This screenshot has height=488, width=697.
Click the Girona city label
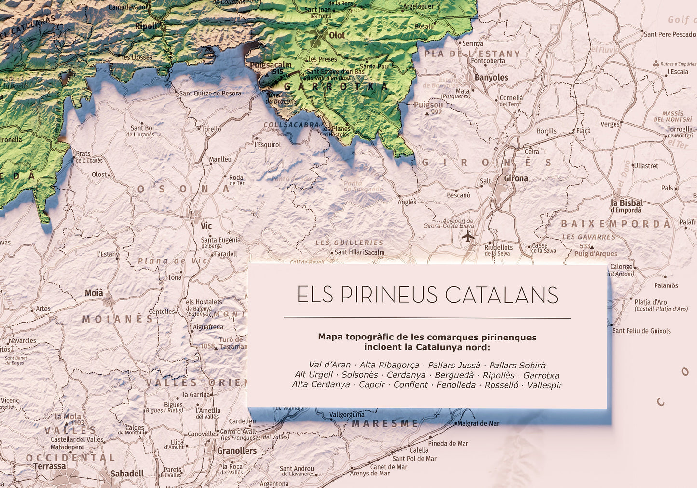(516, 178)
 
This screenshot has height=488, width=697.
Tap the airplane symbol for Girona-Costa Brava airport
(467, 236)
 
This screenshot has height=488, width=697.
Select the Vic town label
(206, 226)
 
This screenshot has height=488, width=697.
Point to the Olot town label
(337, 35)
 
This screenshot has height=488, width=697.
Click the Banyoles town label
(491, 77)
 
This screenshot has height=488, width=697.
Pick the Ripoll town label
(145, 26)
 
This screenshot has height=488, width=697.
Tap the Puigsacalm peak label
(271, 65)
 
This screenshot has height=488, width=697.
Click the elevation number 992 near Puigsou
(436, 112)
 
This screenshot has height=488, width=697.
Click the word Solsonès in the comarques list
(360, 375)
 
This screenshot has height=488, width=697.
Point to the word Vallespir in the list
(544, 385)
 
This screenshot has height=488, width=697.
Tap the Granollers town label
(237, 451)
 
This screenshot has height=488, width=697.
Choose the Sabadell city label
(127, 474)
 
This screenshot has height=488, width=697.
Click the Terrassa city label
(49, 466)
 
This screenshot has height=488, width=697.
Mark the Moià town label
(94, 293)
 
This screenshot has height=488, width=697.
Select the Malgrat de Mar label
(478, 423)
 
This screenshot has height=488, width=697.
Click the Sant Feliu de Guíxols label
(641, 331)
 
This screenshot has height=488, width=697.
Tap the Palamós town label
(666, 285)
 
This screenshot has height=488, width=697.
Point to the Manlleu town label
(220, 159)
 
